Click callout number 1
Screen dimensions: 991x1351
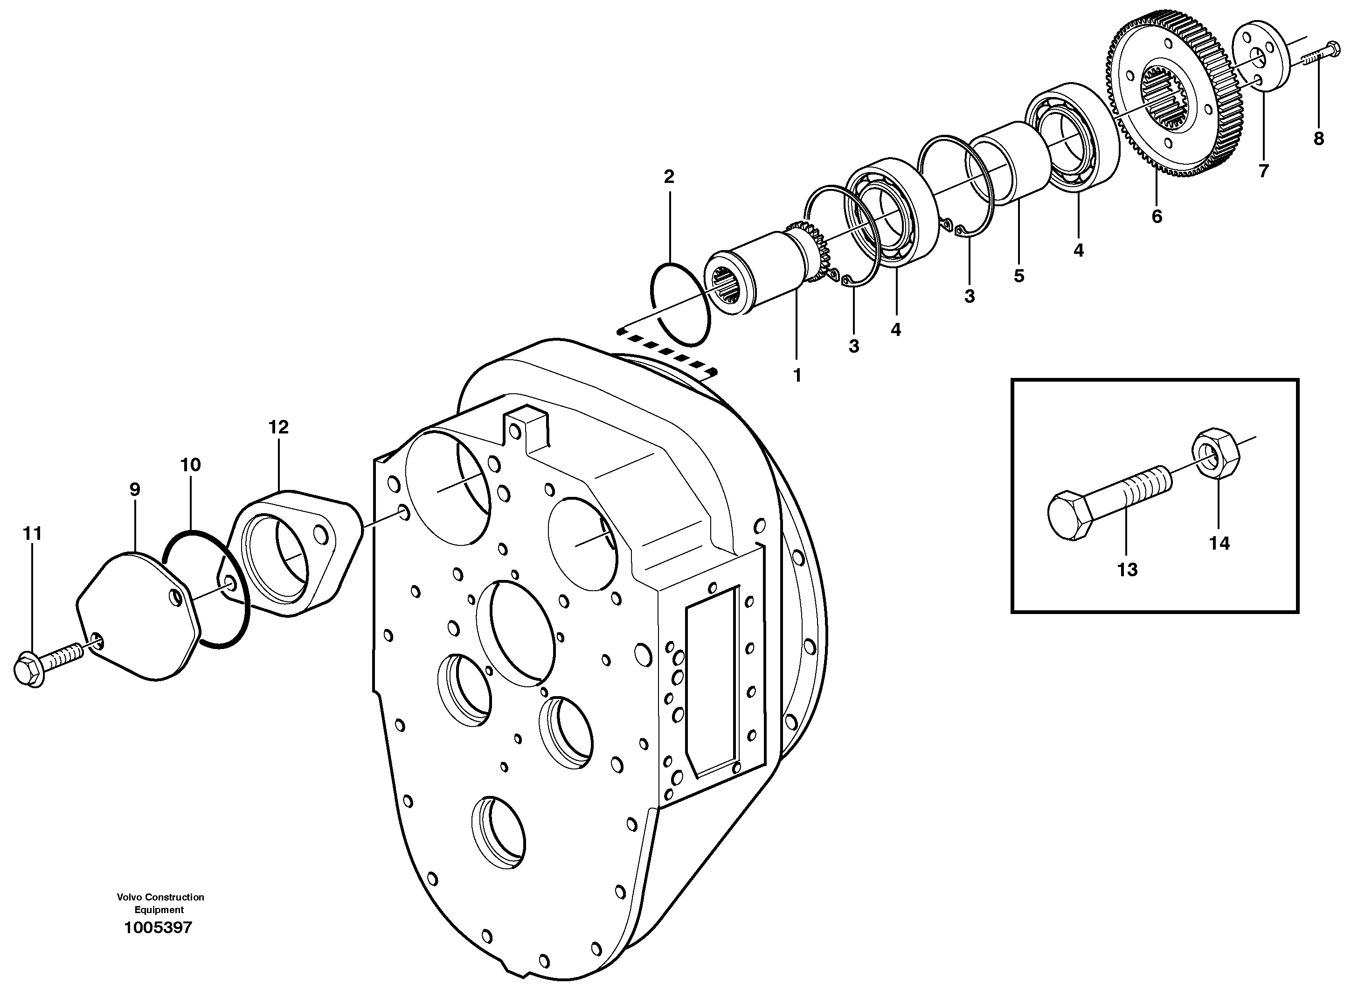797,376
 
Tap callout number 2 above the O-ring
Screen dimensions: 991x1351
669,176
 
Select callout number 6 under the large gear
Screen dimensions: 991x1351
1157,216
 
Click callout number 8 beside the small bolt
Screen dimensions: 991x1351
1319,139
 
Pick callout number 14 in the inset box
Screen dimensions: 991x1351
1219,544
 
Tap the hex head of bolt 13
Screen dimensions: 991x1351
1072,516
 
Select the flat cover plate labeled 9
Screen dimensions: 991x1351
138,618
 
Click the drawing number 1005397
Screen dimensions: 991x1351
158,928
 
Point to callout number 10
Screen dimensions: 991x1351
191,465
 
